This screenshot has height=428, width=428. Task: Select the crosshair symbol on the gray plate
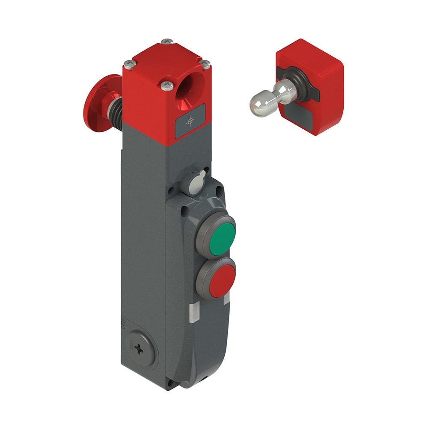tap(190, 122)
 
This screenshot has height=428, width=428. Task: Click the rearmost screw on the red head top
tap(167, 42)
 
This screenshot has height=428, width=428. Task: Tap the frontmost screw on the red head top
tap(167, 86)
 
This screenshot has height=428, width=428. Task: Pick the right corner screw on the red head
tap(206, 65)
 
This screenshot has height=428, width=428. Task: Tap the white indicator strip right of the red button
tap(226, 297)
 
